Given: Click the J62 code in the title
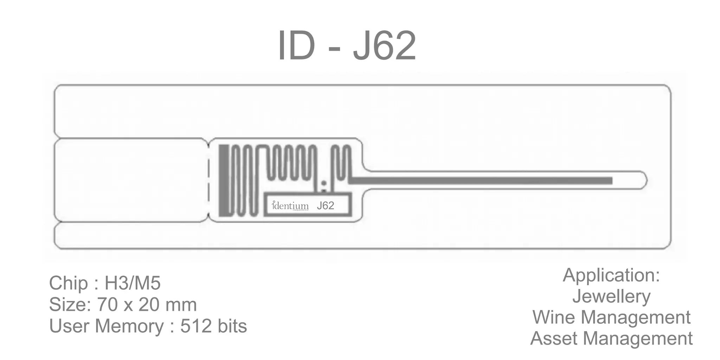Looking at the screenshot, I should (x=385, y=46).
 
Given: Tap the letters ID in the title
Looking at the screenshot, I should (x=296, y=46).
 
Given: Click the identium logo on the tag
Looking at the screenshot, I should (x=290, y=206).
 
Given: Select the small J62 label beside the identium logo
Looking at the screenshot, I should (x=325, y=206).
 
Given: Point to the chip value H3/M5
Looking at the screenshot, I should (x=133, y=283).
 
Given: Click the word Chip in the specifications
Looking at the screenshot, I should (x=68, y=283).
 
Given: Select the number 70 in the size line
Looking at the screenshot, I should (x=107, y=304).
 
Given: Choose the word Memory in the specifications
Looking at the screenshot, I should (x=129, y=327).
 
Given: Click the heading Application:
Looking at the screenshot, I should (x=611, y=275).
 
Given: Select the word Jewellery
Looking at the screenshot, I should (x=611, y=296).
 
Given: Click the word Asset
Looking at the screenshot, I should (x=554, y=338).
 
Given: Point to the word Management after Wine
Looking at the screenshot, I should (x=636, y=318).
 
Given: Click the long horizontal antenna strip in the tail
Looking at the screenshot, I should (x=482, y=181).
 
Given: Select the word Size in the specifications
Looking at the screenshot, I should (x=69, y=304).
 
